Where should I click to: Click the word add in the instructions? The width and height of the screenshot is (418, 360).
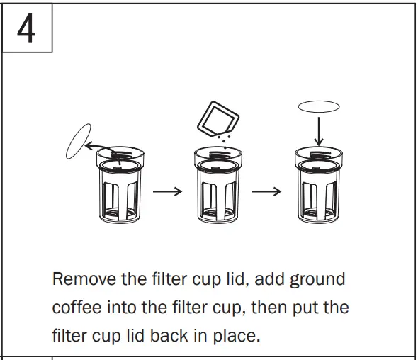[268, 279]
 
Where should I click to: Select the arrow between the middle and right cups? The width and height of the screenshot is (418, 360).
[267, 192]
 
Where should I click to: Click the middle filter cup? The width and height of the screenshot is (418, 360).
[218, 188]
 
